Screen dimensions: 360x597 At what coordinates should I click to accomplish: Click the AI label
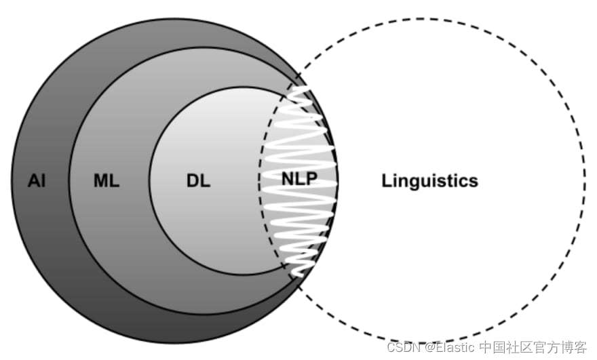coord(37,181)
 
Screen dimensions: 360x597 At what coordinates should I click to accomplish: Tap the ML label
coord(106,181)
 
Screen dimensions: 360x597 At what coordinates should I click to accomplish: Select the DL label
coord(198,181)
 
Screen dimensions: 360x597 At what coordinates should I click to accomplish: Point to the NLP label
coord(299,180)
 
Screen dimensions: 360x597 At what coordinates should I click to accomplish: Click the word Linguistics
coord(429,181)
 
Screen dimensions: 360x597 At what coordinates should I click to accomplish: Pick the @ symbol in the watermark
coord(429,347)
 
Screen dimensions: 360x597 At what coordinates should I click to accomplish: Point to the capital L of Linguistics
coord(387,181)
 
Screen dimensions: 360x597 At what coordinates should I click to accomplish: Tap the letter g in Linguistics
coord(415,182)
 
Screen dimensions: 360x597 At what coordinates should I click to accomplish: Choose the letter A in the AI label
coord(33,181)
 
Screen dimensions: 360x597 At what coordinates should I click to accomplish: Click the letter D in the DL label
coord(193,181)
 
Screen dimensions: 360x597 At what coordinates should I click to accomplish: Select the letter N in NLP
coord(288,180)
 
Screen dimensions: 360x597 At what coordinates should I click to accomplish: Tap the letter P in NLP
coord(311,180)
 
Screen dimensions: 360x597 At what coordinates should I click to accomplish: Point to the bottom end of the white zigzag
coord(296,274)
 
